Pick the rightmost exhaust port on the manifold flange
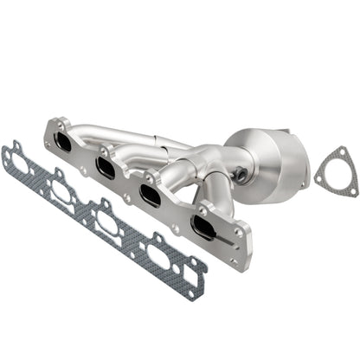(x=206, y=228)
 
